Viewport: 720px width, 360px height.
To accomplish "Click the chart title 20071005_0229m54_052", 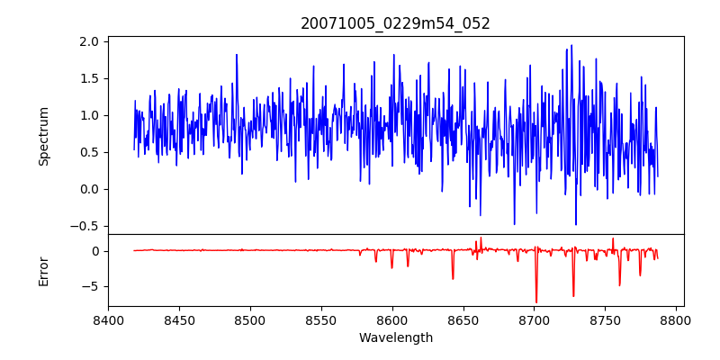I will [395, 23].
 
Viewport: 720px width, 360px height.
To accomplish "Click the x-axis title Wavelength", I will [395, 338].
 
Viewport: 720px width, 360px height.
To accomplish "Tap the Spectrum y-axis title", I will [43, 136].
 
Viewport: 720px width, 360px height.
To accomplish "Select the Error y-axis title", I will [43, 271].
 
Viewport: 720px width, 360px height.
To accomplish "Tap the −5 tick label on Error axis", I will [91, 286].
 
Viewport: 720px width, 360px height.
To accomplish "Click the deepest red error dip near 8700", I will [536, 302].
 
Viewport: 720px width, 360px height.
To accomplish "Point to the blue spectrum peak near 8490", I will [237, 55].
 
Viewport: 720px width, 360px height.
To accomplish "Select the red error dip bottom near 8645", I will [453, 278].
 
